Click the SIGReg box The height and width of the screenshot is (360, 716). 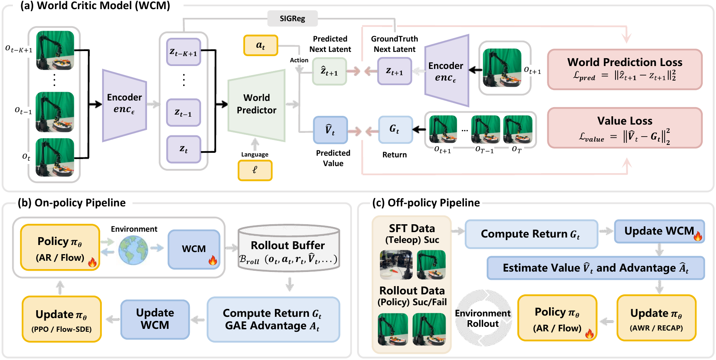292,19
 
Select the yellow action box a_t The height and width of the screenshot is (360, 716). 260,45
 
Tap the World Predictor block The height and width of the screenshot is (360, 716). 257,105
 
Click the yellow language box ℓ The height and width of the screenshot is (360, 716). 255,170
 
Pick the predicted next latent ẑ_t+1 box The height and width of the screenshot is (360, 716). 329,71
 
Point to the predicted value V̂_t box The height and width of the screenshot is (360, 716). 330,130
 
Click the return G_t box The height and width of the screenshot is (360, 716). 395,130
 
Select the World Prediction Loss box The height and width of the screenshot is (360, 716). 625,69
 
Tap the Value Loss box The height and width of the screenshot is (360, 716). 625,128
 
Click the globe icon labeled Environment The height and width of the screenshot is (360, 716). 133,250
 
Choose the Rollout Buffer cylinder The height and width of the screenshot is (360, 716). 289,248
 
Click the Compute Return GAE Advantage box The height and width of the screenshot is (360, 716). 273,319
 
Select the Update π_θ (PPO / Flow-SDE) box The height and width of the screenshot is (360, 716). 61,319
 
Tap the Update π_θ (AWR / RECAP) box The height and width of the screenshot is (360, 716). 656,318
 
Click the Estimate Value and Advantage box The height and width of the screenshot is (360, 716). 596,268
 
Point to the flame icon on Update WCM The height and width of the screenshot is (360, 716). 698,236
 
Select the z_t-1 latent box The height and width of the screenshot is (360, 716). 184,113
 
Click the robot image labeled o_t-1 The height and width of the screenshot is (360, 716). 55,112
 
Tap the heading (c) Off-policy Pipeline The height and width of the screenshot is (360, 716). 426,203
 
